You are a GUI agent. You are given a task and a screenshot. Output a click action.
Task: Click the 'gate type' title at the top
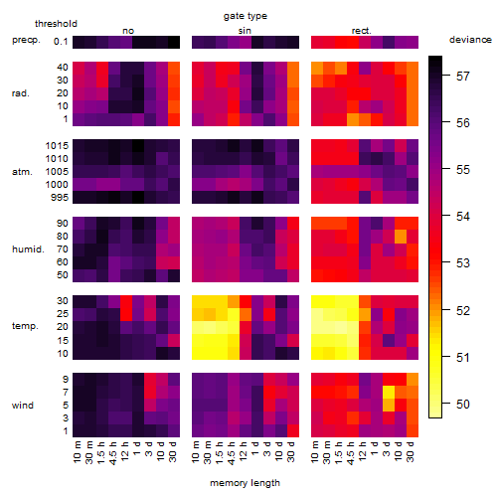(246, 16)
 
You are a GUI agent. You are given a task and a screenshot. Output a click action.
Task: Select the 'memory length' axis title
(245, 483)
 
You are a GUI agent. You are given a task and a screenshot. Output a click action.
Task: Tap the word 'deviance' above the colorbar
(470, 40)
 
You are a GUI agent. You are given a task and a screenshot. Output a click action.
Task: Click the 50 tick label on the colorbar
(463, 405)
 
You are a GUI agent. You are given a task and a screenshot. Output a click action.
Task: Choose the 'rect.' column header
(362, 31)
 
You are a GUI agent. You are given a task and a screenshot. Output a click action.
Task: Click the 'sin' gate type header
(245, 31)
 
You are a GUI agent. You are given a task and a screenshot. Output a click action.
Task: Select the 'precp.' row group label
(26, 40)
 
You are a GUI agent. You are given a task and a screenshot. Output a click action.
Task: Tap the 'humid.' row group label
(28, 249)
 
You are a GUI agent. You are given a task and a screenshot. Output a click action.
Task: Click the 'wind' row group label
(23, 406)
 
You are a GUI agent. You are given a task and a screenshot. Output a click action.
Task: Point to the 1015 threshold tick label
(57, 146)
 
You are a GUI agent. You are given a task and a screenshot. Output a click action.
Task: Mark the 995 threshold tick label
(60, 198)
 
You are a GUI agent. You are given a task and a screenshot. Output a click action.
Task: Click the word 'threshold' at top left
(56, 24)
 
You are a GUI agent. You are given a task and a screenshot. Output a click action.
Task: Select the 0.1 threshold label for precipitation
(61, 42)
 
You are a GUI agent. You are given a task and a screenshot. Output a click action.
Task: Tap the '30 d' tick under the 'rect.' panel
(411, 451)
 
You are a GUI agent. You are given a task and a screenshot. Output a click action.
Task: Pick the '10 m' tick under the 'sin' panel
(196, 452)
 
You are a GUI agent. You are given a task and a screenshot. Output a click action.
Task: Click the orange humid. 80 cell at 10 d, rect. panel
(401, 237)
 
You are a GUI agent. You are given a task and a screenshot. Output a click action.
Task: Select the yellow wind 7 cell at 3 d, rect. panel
(389, 393)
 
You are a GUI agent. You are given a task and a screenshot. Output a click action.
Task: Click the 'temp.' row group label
(25, 326)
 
